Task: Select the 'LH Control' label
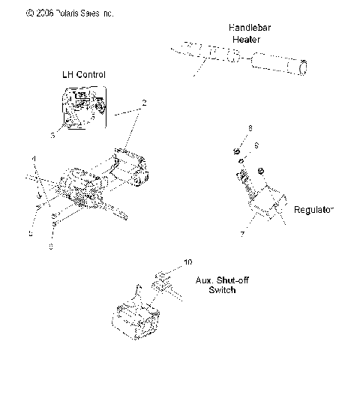(83, 74)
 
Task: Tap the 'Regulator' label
(313, 210)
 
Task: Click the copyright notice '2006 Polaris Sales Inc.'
(60, 13)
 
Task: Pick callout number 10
(187, 262)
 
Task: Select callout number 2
(143, 101)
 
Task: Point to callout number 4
(33, 158)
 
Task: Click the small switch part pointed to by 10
(162, 281)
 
